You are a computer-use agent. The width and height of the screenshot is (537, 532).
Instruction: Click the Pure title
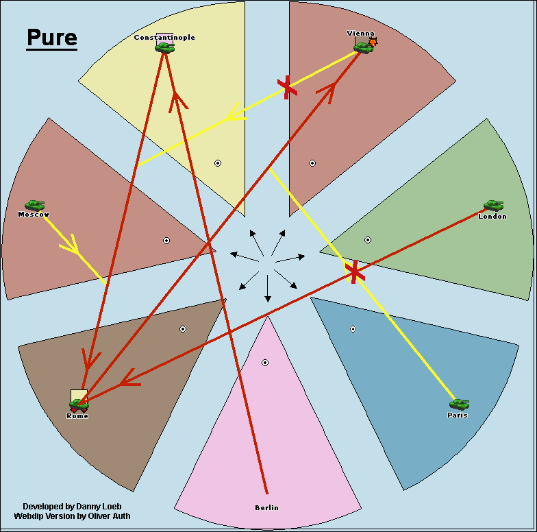coord(52,38)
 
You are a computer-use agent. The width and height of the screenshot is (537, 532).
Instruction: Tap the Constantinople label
coord(164,37)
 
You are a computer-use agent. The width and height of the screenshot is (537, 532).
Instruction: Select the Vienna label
coord(361,33)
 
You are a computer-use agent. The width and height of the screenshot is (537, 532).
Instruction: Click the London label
coord(492,216)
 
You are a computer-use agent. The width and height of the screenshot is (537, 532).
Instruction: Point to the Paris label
coord(458,415)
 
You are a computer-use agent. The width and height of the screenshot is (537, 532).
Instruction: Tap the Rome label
coord(77,416)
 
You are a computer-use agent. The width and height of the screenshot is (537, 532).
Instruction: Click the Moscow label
coord(34,215)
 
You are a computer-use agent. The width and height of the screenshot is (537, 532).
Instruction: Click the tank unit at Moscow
coord(34,205)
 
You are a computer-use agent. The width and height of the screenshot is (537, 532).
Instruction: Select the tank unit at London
coord(493,206)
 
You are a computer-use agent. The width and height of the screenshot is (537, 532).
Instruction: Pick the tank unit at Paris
coord(459,404)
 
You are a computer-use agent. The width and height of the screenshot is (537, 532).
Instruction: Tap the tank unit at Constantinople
coord(164,47)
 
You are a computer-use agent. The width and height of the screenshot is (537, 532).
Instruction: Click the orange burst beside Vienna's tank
coord(373,43)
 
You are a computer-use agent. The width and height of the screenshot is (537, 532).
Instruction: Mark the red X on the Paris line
coord(354,271)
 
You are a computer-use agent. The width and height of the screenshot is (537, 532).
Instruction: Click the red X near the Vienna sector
coord(287,87)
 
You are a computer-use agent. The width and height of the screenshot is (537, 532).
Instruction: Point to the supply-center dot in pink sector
coord(265,362)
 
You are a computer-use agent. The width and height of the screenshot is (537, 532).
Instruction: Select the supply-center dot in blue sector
coord(353,329)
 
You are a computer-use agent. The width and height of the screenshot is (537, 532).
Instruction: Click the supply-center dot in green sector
coord(368,240)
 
